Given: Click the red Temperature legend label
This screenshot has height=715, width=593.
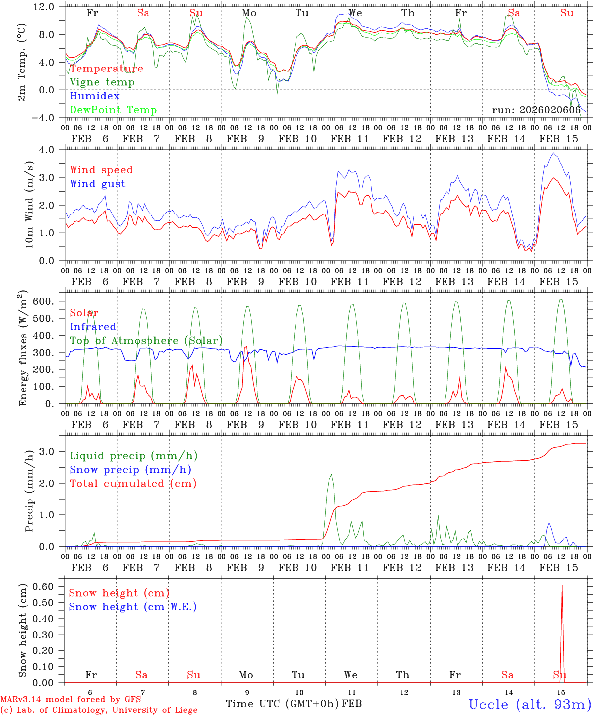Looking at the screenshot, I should point(106,69).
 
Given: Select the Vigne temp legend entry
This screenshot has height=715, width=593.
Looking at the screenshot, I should point(102,82).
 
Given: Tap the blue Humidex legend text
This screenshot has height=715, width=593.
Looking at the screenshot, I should point(94,96).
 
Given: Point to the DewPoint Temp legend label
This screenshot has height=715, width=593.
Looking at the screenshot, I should point(113,110).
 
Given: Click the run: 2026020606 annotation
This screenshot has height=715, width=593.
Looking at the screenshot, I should point(536,110).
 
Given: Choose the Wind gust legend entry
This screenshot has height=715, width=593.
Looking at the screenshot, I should point(97,184).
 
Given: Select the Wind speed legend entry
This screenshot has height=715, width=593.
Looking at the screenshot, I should point(101,170).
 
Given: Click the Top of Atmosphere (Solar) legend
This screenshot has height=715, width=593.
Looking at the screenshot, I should point(146,341).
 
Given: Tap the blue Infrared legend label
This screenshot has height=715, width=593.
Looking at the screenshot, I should point(93,327).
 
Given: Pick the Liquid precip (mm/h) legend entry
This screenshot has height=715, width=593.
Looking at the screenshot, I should point(134,456).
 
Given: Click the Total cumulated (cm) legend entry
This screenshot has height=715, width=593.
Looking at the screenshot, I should point(133,484).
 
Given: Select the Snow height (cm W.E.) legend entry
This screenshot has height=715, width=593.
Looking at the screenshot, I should point(133,607).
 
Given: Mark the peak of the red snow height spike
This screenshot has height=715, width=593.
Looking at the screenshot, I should point(562,586).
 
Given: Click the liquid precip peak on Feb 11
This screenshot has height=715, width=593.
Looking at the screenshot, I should point(331,475).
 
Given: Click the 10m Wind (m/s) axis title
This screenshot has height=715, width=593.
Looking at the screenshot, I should point(30,205).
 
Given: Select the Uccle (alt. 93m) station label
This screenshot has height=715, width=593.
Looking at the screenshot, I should point(530,704).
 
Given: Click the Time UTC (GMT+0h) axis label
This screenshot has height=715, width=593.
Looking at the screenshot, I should point(283,704).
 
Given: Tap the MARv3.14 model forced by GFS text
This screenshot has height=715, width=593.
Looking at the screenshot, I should point(71,700).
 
